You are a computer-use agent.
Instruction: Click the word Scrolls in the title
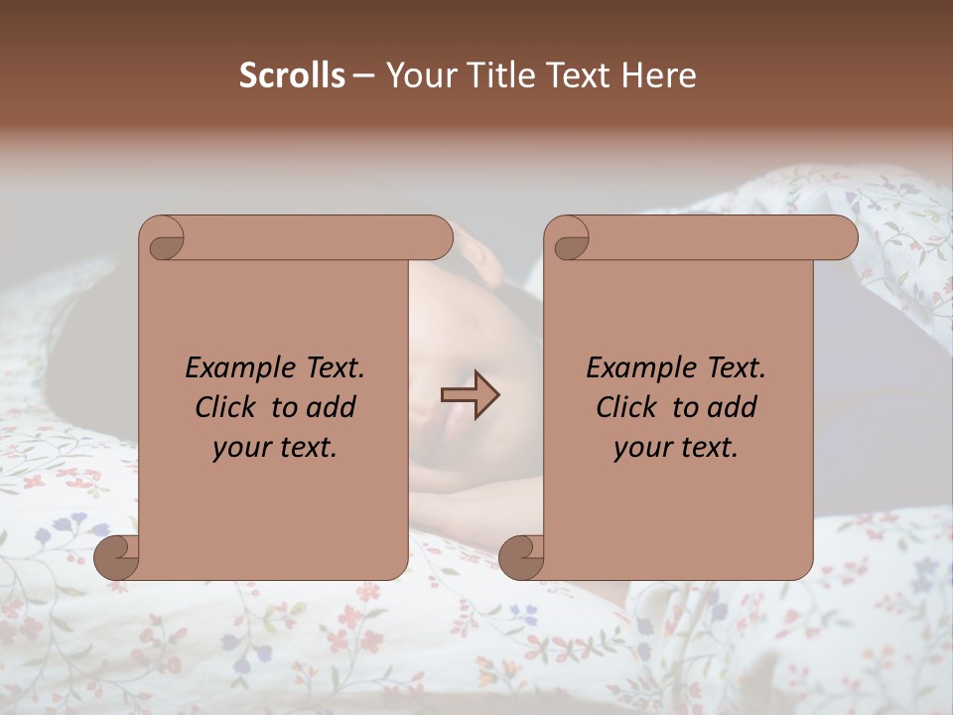[292, 75]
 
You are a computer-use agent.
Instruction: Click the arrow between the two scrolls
[470, 395]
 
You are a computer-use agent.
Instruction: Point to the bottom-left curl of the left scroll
[116, 556]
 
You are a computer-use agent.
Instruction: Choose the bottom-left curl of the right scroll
[521, 556]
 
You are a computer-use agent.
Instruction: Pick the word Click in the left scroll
[226, 407]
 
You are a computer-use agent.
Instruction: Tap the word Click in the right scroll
[626, 407]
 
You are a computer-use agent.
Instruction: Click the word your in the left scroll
[237, 448]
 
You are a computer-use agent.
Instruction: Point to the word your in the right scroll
[638, 448]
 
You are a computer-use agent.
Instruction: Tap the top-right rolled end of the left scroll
[437, 238]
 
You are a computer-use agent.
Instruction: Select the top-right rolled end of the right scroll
[842, 238]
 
